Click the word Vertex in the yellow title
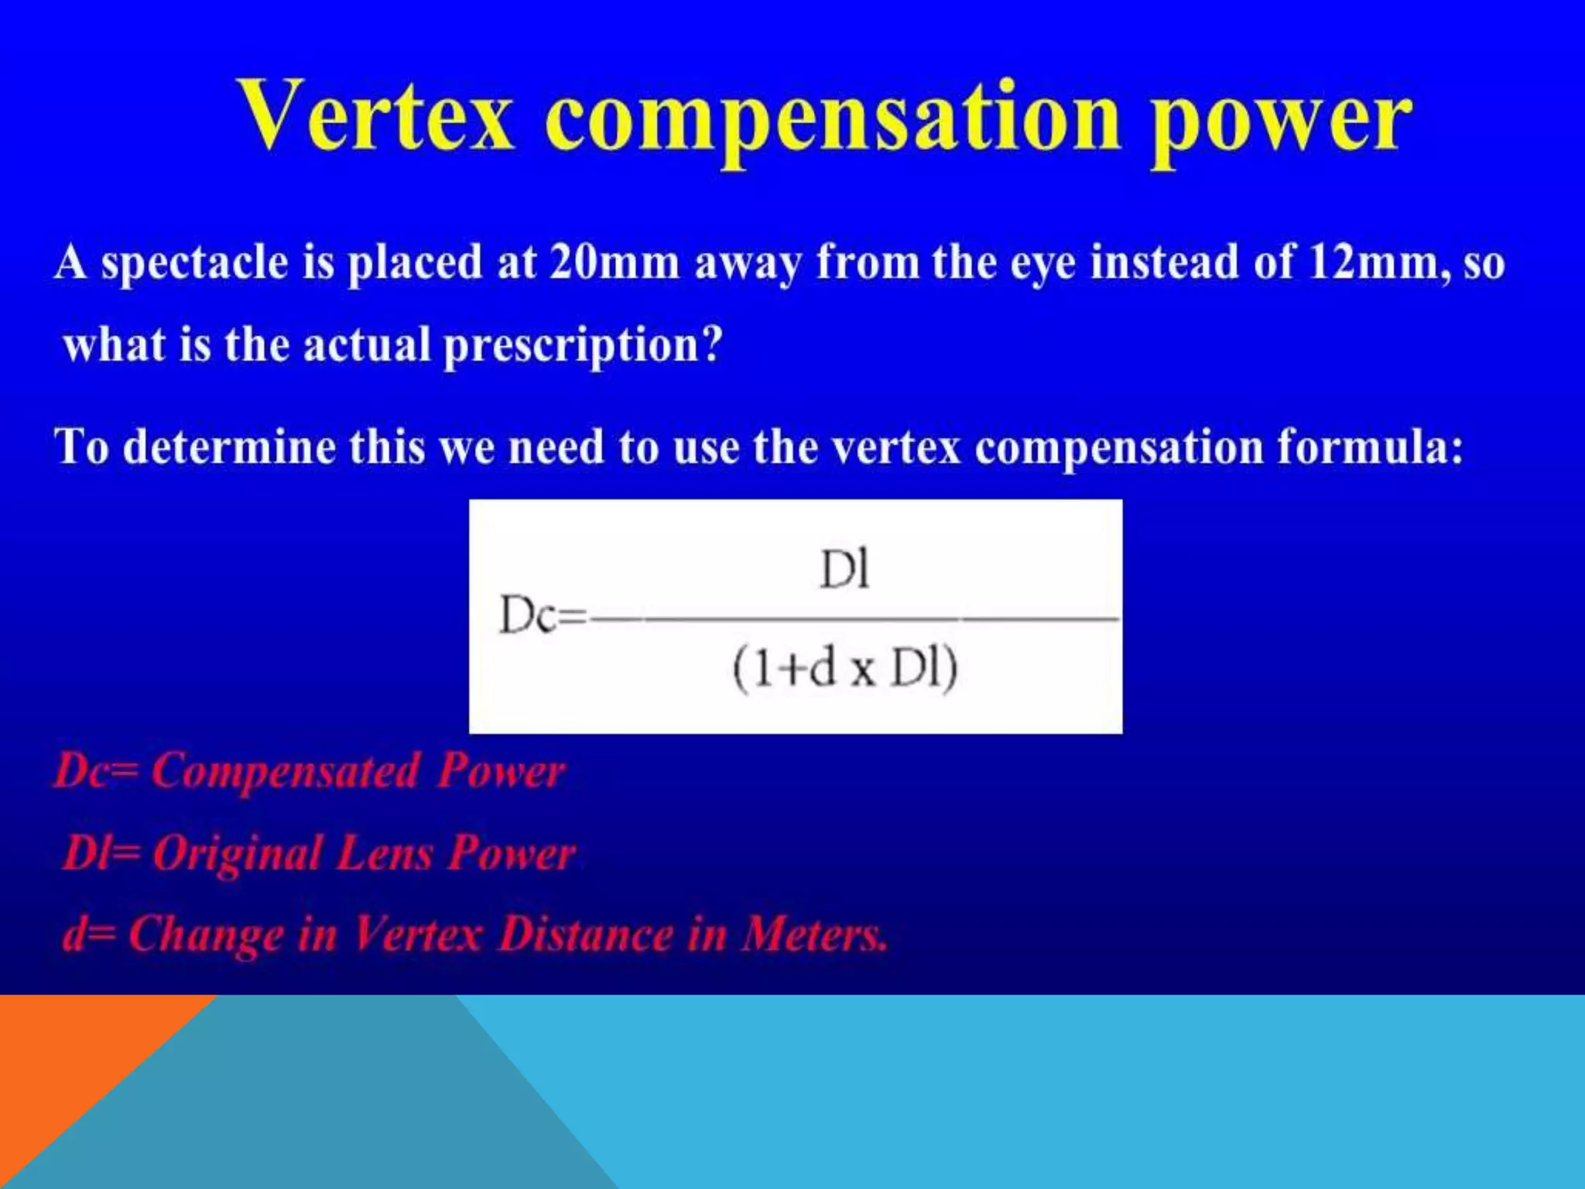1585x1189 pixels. click(x=376, y=116)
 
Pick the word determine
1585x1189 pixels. click(x=229, y=447)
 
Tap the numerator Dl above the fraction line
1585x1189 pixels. click(x=844, y=571)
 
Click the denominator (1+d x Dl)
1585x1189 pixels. click(x=845, y=669)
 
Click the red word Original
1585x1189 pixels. click(x=237, y=854)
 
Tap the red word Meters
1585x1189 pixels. click(x=814, y=934)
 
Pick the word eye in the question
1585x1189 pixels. click(x=1042, y=263)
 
